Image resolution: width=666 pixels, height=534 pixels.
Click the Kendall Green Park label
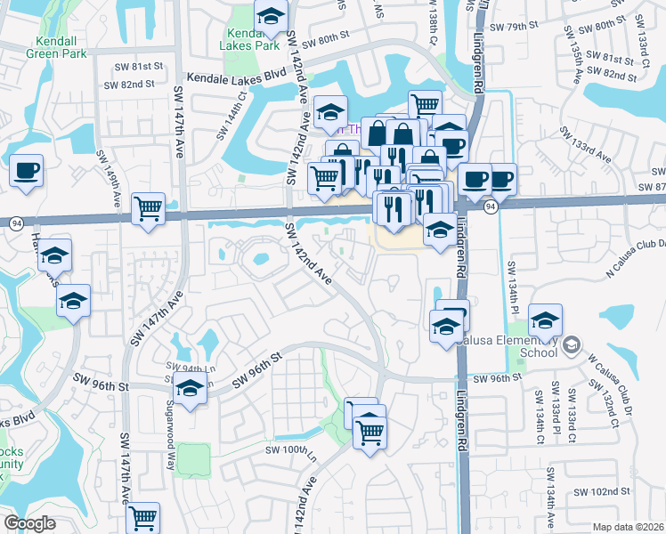pos(61,47)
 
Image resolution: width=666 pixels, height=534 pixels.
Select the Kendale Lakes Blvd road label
pos(240,77)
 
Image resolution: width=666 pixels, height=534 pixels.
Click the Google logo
pos(29,523)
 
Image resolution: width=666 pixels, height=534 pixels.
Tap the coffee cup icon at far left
pos(26,170)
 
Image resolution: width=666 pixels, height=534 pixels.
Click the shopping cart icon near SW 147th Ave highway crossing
pos(148,208)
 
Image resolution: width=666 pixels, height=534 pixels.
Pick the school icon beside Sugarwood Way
pos(190,388)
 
